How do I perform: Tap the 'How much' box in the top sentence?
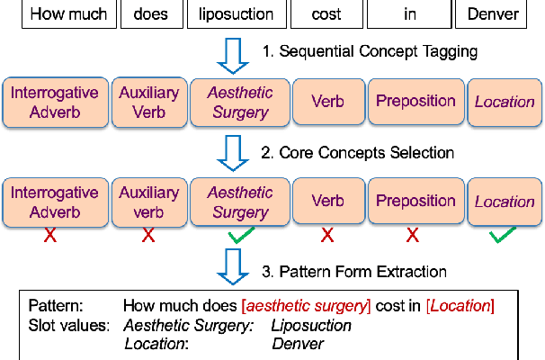point(67,14)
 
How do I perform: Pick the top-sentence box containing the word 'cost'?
point(326,14)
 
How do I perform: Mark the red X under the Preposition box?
point(413,236)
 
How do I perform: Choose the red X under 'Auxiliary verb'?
point(147,236)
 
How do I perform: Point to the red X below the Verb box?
point(327,236)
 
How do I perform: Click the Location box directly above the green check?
point(505,202)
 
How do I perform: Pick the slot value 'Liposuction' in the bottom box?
point(311,325)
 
